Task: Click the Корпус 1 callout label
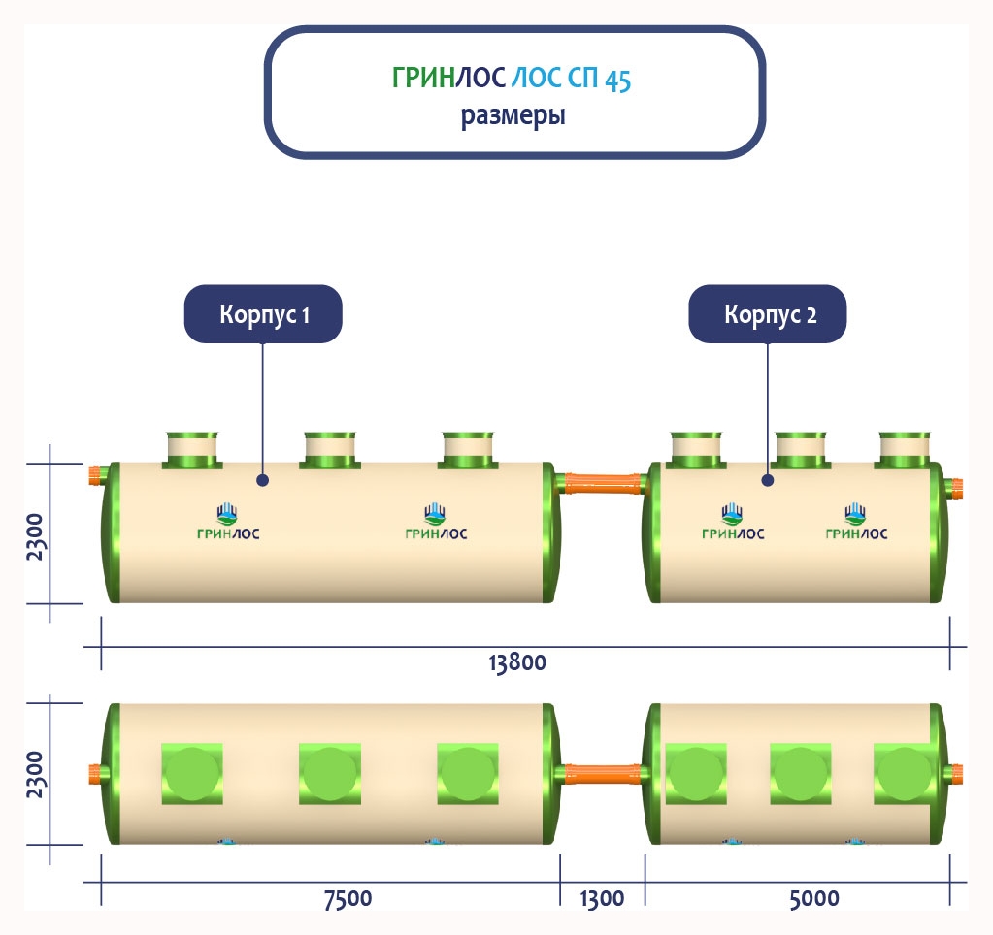263,314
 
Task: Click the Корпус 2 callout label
768,314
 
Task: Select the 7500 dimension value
347,898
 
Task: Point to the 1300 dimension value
602,898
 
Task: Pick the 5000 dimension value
813,898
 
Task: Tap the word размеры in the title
513,117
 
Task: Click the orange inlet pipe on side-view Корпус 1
96,475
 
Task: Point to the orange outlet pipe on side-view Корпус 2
955,486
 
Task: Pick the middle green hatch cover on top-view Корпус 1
330,773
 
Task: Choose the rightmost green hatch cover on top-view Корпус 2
904,773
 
